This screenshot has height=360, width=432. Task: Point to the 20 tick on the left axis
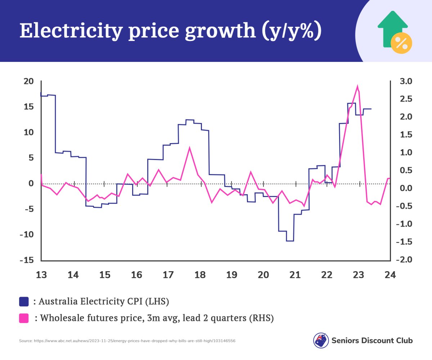(x=28, y=81)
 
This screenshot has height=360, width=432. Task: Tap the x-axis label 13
(x=41, y=275)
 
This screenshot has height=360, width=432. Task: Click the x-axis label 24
(x=390, y=275)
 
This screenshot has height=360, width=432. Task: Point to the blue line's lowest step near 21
(x=290, y=241)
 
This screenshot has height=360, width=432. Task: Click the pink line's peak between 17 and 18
(x=189, y=147)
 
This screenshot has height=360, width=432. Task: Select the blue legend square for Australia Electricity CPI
(x=24, y=301)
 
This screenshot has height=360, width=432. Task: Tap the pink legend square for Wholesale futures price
(x=24, y=318)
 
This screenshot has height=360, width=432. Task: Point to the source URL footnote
(x=127, y=340)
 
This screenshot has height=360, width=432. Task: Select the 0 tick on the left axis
(x=31, y=183)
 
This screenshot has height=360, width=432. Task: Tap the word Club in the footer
(x=404, y=340)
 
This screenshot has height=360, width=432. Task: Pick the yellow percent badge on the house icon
(x=401, y=43)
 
